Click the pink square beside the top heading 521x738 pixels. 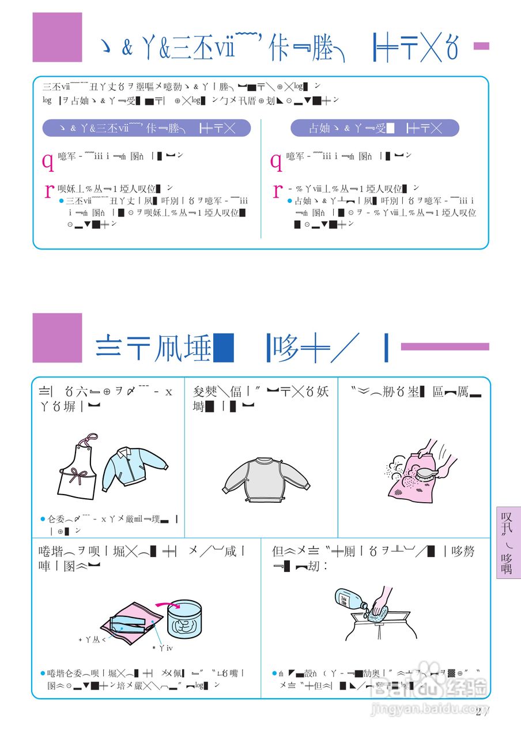57,37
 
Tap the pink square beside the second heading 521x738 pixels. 57,338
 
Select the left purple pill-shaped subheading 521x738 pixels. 146,128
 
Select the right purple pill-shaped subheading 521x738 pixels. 375,128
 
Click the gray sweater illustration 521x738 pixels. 266,479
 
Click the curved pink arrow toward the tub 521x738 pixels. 168,606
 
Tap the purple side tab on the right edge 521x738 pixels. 507,543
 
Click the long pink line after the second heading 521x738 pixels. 444,347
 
